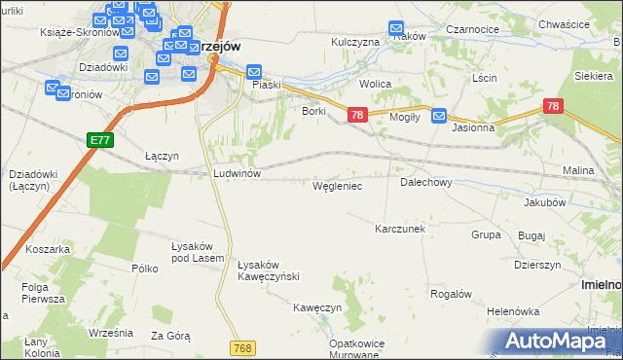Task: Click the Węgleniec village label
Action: tap(337, 185)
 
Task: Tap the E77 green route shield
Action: tap(100, 140)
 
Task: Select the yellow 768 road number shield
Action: tap(243, 347)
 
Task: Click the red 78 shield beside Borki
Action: tap(356, 116)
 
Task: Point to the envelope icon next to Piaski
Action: tap(254, 72)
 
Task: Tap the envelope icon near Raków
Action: tap(396, 29)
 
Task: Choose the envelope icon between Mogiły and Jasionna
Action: tap(439, 115)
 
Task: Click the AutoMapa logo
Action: tap(559, 340)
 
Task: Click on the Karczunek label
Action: tap(400, 229)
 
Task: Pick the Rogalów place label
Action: tap(451, 294)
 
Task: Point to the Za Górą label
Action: tap(170, 336)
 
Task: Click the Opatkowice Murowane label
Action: tap(353, 349)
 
